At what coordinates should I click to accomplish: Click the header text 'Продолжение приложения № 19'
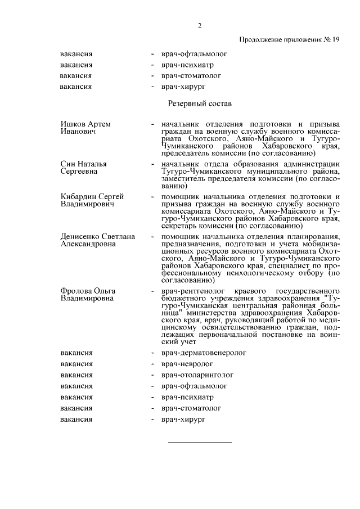point(289,39)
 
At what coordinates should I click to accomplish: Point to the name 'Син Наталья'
point(84,164)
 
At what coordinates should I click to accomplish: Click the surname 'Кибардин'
point(76,196)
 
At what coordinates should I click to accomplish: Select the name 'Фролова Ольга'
point(88,290)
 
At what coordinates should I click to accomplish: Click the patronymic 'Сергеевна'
point(79,172)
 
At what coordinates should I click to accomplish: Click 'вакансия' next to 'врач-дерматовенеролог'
point(76,353)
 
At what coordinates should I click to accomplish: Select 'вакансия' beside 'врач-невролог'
point(76,364)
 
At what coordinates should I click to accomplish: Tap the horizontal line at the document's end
point(200,442)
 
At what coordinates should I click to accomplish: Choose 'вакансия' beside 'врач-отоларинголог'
point(76,375)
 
